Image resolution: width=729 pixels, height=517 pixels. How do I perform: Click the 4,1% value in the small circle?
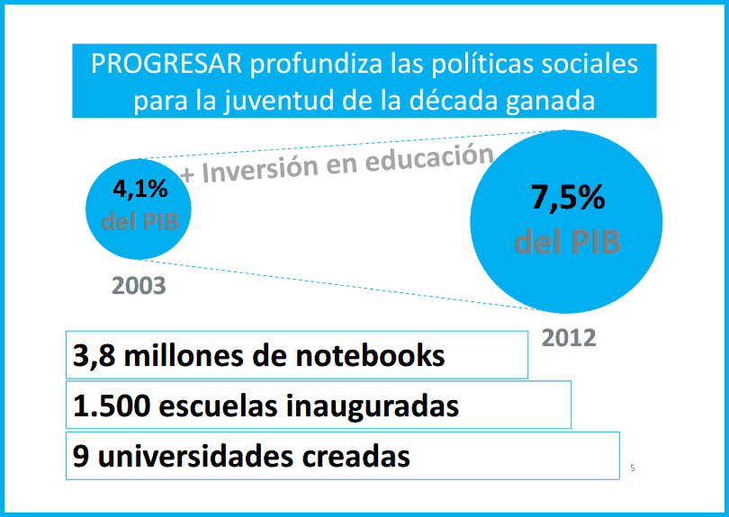coord(139,191)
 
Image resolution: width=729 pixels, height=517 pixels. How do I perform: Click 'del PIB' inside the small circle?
coord(139,221)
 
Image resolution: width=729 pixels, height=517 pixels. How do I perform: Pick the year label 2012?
coord(569,338)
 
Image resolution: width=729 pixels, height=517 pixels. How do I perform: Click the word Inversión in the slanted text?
coord(269,166)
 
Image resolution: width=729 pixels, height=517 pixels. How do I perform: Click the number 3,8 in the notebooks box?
coord(93,356)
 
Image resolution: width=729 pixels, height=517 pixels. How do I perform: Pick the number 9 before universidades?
coord(81,456)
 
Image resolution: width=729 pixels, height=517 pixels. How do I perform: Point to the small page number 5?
coord(632,468)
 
